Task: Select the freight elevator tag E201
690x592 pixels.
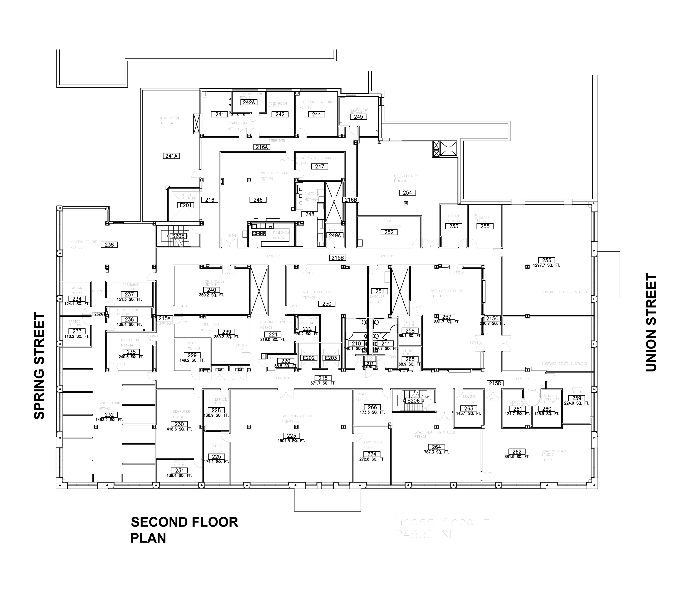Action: [x=186, y=205]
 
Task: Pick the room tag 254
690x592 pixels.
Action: [x=407, y=193]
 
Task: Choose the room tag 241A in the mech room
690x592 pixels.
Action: [x=171, y=156]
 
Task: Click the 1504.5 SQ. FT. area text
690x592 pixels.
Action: [x=291, y=441]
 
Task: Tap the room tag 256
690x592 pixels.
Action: [x=546, y=260]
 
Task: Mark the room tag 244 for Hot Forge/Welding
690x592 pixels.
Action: [x=316, y=114]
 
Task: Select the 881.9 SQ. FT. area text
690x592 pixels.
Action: [x=517, y=457]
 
